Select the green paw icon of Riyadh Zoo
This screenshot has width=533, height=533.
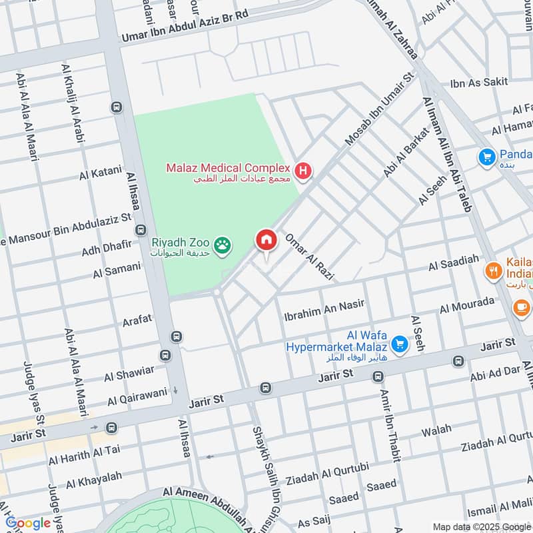(x=222, y=246)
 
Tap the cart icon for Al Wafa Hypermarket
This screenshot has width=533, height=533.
(x=399, y=344)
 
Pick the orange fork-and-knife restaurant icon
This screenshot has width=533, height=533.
(x=493, y=270)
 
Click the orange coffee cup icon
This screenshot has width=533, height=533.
(x=520, y=307)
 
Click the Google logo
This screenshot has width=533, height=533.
(x=28, y=523)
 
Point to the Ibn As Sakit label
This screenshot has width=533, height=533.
(x=478, y=82)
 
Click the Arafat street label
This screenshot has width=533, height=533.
(x=137, y=320)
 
